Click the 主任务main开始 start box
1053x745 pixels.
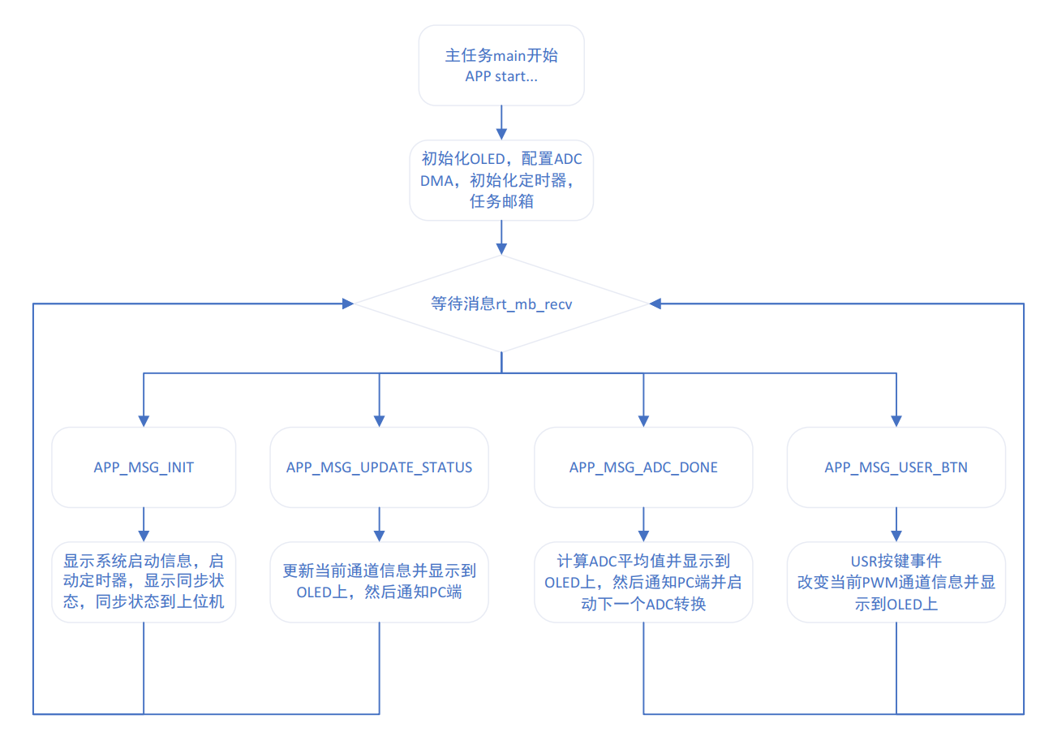pos(501,65)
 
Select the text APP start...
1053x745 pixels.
pos(501,78)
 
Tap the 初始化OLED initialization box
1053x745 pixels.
pos(501,179)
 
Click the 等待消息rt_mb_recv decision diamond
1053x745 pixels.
pos(501,304)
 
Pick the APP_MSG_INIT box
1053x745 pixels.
pos(144,468)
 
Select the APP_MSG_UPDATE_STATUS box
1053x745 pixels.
pos(379,468)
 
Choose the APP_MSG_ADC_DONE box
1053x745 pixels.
pos(643,468)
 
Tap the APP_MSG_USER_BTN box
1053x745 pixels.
pos(896,468)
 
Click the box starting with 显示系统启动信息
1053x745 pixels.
pos(144,582)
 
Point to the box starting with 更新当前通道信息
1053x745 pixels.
pos(379,582)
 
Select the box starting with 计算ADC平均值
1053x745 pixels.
pos(643,582)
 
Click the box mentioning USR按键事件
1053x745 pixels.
pos(896,582)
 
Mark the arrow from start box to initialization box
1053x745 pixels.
pos(501,122)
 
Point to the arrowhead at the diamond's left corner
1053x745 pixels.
pos(348,304)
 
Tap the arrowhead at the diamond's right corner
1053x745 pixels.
pos(655,304)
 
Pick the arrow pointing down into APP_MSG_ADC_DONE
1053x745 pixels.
pos(643,402)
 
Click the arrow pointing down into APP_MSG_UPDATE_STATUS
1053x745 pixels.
pos(379,402)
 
